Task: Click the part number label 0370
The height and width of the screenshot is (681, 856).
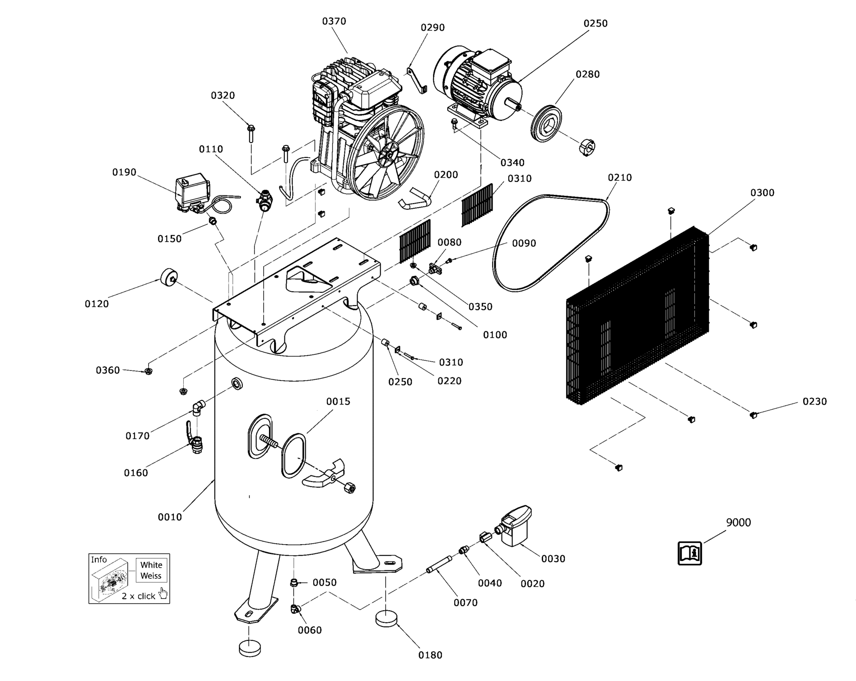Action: [x=334, y=21]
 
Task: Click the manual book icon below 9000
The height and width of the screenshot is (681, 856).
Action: [x=689, y=553]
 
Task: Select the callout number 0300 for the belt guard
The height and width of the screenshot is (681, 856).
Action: [x=762, y=193]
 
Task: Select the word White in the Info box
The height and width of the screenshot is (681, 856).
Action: [x=151, y=565]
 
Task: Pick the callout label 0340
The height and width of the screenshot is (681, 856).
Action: [x=512, y=162]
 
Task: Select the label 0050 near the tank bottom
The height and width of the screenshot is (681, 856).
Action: [x=325, y=583]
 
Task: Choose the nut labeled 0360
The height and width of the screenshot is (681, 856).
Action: [x=148, y=371]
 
